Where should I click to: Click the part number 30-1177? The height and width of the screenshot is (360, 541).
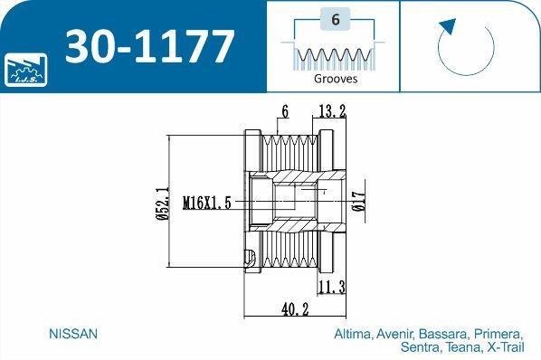click(x=150, y=46)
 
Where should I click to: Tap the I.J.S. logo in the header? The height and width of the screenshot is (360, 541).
click(x=26, y=70)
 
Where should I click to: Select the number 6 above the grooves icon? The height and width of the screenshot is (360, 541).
click(x=335, y=19)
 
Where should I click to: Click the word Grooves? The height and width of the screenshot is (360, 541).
click(x=336, y=79)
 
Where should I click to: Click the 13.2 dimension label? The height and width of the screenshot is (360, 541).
click(x=332, y=111)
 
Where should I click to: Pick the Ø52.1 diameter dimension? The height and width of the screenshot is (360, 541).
click(x=162, y=203)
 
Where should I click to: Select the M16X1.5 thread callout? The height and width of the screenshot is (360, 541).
click(x=206, y=203)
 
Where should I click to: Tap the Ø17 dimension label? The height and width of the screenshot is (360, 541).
click(x=358, y=201)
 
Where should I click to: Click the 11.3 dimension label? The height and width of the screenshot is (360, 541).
click(x=332, y=288)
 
